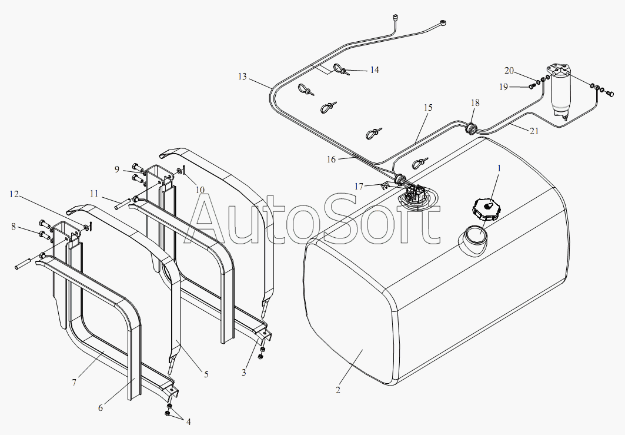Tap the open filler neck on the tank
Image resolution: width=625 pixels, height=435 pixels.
(x=473, y=238)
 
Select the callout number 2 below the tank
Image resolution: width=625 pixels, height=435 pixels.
(x=338, y=390)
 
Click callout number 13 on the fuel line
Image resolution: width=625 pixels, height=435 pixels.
(x=243, y=76)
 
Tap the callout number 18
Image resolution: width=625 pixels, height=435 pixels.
(x=475, y=103)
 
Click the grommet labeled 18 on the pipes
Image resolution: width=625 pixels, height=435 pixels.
(x=471, y=128)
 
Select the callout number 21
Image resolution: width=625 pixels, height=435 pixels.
(x=534, y=131)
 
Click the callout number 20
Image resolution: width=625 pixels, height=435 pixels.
(x=509, y=71)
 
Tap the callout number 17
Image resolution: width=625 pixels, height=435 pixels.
(x=359, y=186)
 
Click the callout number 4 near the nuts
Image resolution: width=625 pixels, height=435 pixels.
(x=188, y=422)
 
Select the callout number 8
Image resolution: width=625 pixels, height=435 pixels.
(x=14, y=227)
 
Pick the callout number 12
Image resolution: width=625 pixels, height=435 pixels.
(x=14, y=194)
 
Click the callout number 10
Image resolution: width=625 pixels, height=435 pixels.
(x=200, y=190)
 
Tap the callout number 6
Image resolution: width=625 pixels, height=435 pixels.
(x=101, y=407)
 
